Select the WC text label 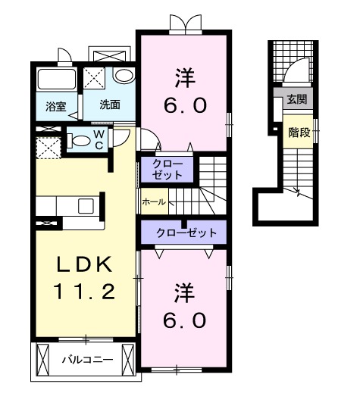coord(99,139)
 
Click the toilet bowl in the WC coord(79,139)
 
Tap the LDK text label coord(84,265)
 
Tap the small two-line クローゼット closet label coord(167,169)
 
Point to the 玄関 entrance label coord(296,98)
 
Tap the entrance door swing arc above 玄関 coord(296,73)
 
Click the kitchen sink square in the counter coord(86,206)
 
